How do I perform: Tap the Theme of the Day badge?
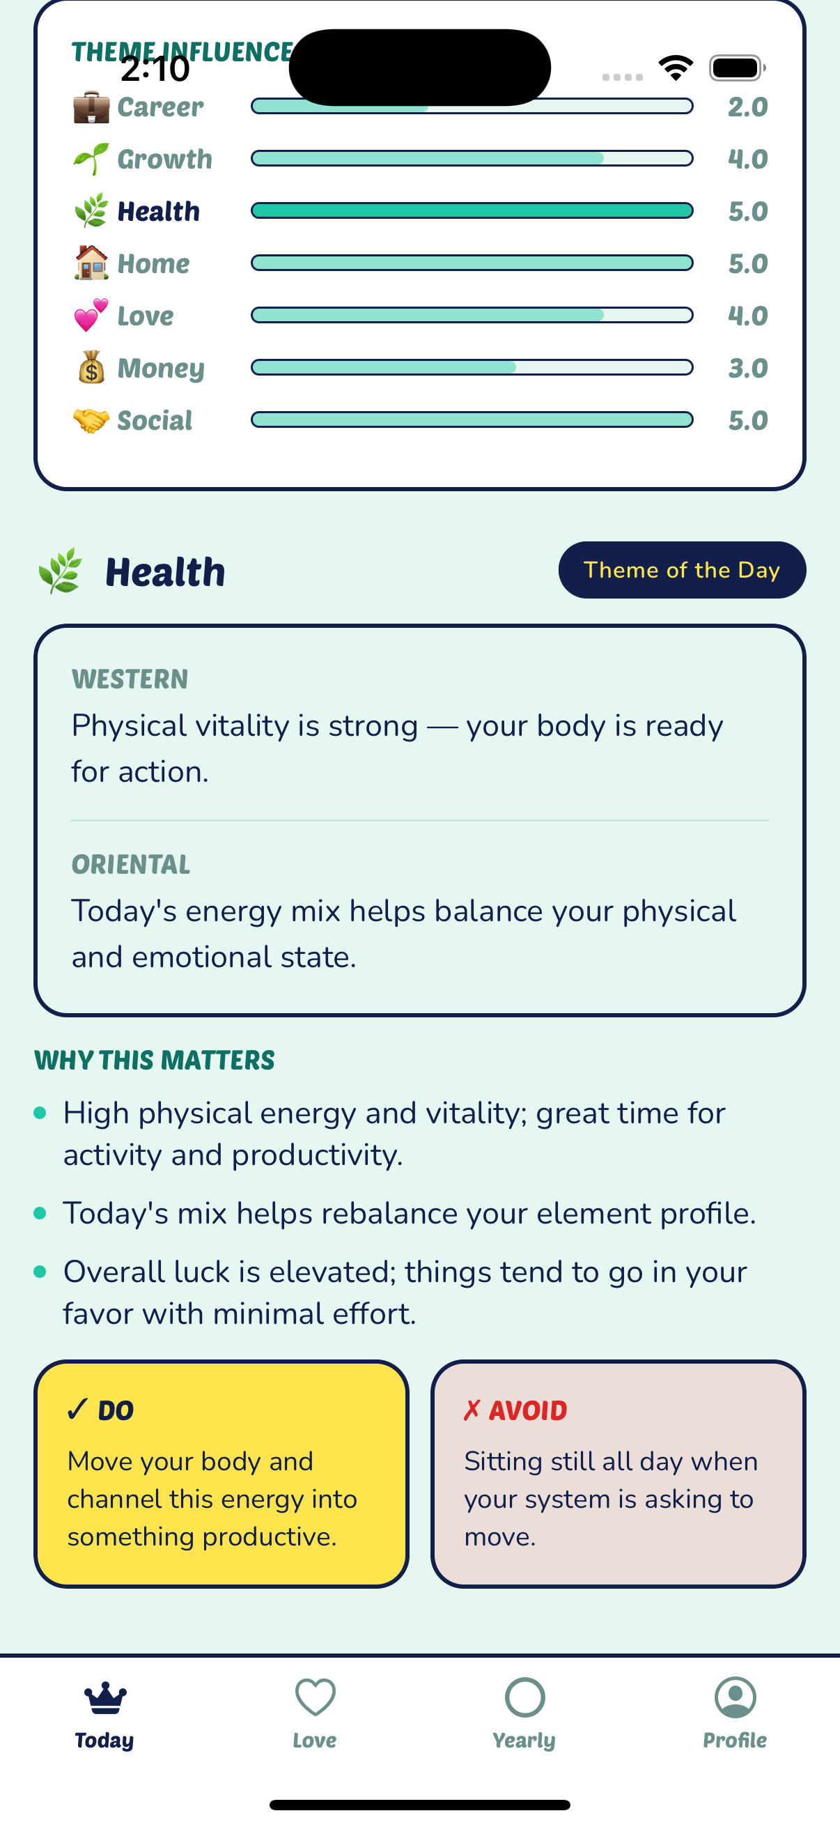(x=682, y=569)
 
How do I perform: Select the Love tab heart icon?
(x=315, y=1697)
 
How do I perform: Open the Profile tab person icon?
(x=735, y=1697)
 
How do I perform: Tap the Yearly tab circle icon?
(x=524, y=1697)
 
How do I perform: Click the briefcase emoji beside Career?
(x=91, y=107)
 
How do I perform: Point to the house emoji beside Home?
(x=91, y=263)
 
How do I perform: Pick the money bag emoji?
(x=91, y=367)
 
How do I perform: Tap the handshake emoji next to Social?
(x=91, y=420)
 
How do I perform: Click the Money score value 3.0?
(x=748, y=368)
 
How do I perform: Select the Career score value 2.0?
(x=748, y=107)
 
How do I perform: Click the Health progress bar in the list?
(x=472, y=210)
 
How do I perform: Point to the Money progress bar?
(x=472, y=367)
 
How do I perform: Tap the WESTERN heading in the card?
(x=130, y=679)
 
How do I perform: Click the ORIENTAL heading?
(x=131, y=864)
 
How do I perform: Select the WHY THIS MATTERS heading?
(x=155, y=1060)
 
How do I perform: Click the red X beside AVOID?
(x=472, y=1410)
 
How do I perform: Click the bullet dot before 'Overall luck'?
(x=40, y=1272)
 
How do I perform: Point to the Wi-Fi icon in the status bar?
(x=676, y=68)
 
